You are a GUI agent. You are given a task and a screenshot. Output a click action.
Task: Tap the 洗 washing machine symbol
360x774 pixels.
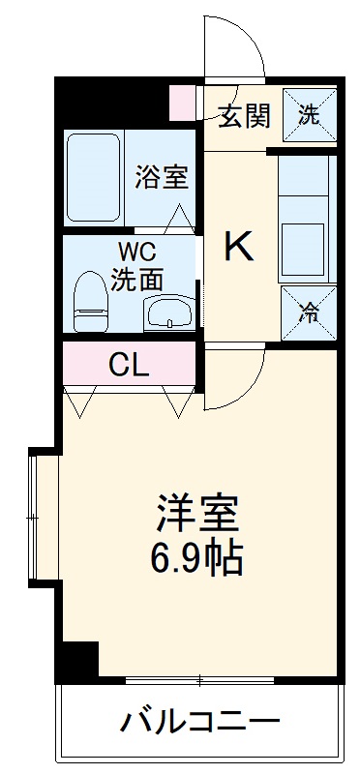point(309,115)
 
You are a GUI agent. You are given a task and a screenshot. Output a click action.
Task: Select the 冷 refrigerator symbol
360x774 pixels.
point(309,313)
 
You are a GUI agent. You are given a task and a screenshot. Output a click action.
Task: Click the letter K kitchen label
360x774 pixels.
point(239,248)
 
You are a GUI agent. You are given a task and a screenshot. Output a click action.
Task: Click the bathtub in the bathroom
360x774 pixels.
point(93,177)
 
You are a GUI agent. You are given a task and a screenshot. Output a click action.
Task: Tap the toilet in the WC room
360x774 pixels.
point(92,294)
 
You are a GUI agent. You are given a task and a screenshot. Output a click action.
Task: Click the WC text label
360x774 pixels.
point(135,254)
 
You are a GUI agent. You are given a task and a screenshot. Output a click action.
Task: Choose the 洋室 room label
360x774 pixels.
point(197,511)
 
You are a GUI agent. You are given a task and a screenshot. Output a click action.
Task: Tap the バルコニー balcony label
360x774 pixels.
point(200,722)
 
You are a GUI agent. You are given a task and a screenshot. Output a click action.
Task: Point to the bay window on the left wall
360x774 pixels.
point(37,518)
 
